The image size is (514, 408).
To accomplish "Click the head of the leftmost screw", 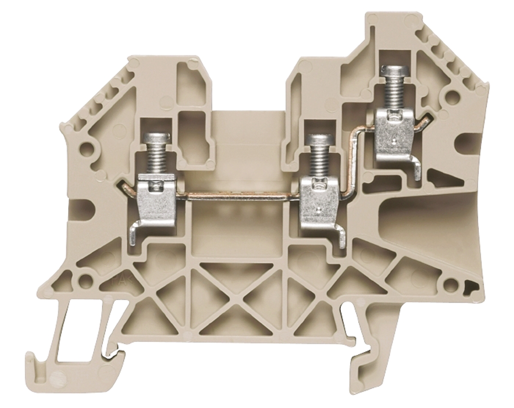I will pyautogui.click(x=157, y=138).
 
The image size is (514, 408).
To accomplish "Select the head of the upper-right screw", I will pyautogui.click(x=391, y=72).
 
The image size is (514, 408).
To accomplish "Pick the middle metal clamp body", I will pyautogui.click(x=318, y=201).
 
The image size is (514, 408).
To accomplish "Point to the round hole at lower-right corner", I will pyautogui.click(x=451, y=284).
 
